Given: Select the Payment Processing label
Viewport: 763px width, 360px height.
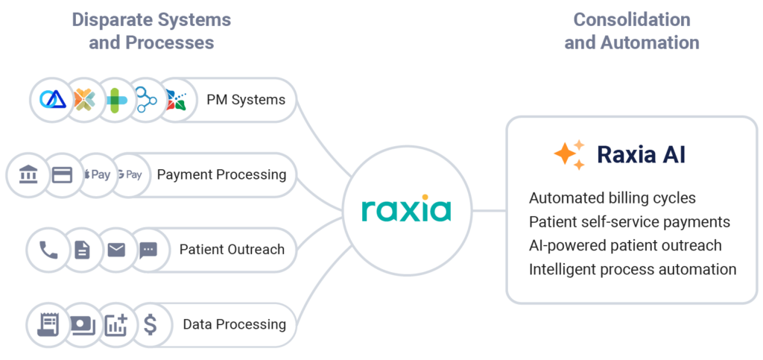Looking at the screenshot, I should (221, 174).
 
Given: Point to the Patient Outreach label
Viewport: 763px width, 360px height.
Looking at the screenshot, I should (232, 249).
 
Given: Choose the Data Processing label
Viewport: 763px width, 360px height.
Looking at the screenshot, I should (234, 324).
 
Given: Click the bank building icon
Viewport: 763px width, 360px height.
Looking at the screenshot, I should (27, 175).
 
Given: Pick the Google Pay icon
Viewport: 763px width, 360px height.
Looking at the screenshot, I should (130, 175).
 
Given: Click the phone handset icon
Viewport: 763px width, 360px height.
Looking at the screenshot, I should (48, 250).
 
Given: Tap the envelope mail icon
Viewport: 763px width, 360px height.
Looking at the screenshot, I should (116, 250).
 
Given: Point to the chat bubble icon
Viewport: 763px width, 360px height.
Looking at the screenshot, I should (149, 250).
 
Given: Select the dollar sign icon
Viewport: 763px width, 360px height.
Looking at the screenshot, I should (151, 324).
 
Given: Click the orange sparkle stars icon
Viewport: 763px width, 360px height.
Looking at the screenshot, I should (569, 154).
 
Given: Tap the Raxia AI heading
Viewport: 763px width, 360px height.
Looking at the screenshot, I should (641, 154).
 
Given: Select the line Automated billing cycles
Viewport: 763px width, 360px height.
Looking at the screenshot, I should (612, 198).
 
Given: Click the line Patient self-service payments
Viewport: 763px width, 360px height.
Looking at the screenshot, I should (629, 222).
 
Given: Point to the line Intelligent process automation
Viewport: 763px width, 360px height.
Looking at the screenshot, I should (632, 269).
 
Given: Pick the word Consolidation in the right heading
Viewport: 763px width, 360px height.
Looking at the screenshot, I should (631, 19).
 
